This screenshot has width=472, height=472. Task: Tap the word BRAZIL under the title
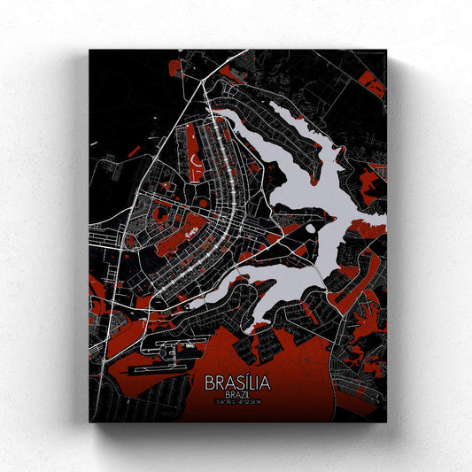coord(237,395)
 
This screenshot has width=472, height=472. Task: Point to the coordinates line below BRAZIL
coord(237,404)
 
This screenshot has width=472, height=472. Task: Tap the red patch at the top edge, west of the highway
coord(175,66)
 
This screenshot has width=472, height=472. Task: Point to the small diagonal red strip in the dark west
coord(133,151)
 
